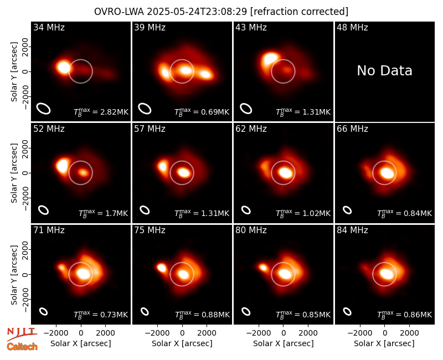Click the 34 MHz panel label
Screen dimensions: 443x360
click(x=49, y=27)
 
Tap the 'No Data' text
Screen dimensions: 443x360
click(x=384, y=71)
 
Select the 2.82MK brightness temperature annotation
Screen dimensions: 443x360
click(x=101, y=112)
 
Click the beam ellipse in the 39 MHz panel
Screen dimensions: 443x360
click(x=145, y=109)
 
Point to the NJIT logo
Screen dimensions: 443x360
click(x=22, y=334)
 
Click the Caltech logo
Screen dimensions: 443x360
click(x=22, y=347)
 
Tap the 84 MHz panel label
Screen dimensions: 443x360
click(x=352, y=230)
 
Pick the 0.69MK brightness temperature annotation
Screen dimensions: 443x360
click(x=202, y=112)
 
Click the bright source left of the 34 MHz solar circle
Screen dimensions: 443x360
click(x=63, y=68)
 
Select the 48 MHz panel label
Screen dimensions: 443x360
click(x=352, y=27)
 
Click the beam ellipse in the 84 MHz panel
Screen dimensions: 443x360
click(x=347, y=311)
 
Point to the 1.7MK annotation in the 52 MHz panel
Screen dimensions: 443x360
click(x=104, y=213)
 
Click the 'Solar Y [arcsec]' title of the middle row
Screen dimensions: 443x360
click(x=14, y=173)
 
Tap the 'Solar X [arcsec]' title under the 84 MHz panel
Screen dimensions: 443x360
click(x=384, y=343)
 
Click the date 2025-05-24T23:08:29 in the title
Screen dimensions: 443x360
click(x=197, y=12)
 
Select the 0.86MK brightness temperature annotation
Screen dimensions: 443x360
click(x=405, y=315)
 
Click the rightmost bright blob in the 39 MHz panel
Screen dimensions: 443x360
click(x=205, y=74)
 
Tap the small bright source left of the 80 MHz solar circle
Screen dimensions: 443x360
click(x=264, y=268)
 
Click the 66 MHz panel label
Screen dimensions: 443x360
click(x=352, y=129)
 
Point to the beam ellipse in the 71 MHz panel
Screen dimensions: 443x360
click(x=43, y=311)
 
